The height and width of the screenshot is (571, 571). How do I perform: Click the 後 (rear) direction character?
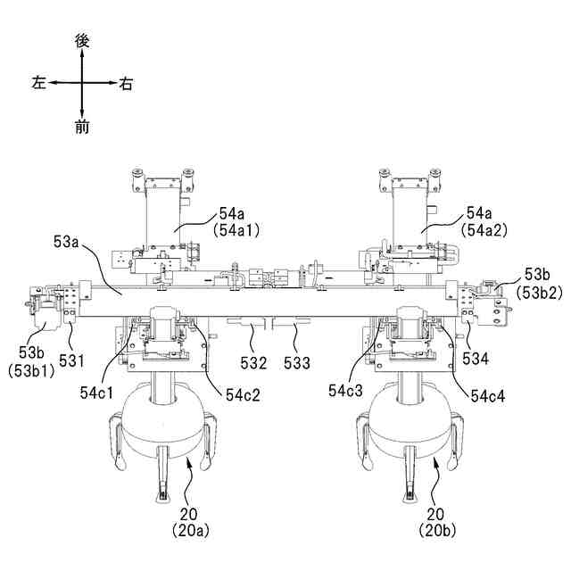click(82, 40)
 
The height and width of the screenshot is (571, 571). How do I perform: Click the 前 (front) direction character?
click(82, 128)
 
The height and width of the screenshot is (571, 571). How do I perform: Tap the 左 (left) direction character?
click(38, 83)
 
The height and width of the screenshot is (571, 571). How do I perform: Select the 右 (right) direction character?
click(126, 84)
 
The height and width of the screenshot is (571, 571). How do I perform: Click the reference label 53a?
click(67, 241)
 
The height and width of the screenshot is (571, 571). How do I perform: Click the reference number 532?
click(253, 363)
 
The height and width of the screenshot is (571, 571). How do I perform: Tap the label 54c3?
click(347, 391)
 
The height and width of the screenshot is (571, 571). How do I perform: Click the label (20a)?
click(190, 530)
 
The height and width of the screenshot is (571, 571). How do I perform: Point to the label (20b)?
click(436, 530)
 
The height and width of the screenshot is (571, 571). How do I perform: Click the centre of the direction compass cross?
click(82, 83)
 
